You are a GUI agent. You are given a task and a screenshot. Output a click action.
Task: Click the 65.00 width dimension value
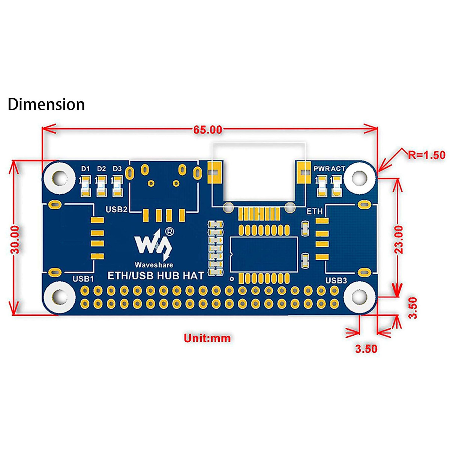click(x=208, y=130)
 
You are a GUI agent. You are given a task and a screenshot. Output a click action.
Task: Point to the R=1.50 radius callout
click(x=427, y=155)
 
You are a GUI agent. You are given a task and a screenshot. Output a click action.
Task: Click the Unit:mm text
click(x=207, y=338)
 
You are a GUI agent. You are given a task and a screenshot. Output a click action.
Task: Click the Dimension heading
click(x=46, y=104)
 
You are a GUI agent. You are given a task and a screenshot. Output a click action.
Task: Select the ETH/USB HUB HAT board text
click(x=156, y=276)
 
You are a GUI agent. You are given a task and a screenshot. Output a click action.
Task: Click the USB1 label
click(x=83, y=279)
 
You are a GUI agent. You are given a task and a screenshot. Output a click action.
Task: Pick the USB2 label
click(x=117, y=209)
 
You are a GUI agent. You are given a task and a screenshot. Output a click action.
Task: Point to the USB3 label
click(x=336, y=280)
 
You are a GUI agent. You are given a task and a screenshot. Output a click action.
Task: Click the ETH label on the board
click(x=314, y=211)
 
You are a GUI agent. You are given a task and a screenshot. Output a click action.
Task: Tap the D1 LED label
click(x=86, y=169)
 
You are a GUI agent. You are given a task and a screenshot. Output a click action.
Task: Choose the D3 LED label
click(x=117, y=169)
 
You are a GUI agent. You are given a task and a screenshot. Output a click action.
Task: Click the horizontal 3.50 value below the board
click(x=366, y=348)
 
